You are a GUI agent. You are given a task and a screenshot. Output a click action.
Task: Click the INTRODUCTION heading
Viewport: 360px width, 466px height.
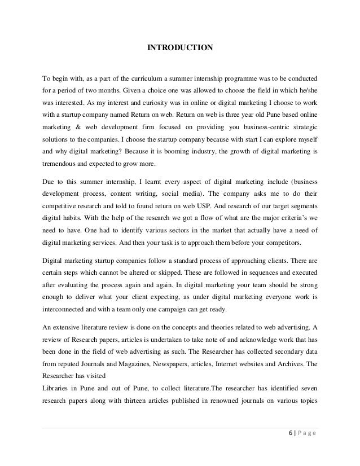[x=180, y=49]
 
